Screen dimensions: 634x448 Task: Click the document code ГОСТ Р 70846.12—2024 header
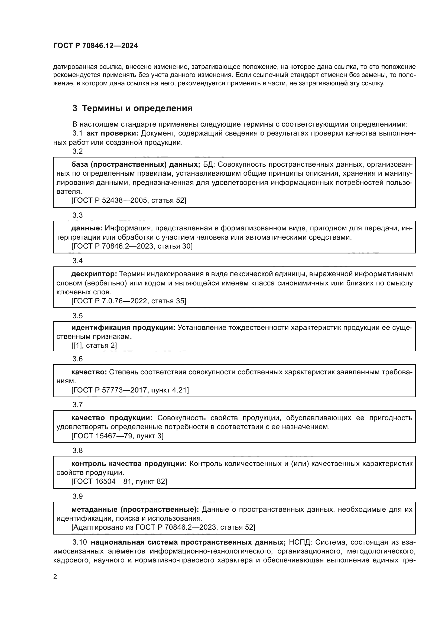click(x=95, y=46)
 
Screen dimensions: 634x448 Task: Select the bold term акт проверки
click(x=113, y=133)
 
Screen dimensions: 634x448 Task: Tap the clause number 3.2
click(x=77, y=151)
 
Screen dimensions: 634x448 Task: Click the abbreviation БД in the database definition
click(x=209, y=164)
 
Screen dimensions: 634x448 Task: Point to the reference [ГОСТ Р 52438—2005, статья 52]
click(x=129, y=201)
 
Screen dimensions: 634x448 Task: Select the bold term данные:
click(x=87, y=228)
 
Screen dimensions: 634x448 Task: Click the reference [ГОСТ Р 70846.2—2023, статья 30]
click(x=132, y=246)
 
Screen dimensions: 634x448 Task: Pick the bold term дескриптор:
click(x=94, y=274)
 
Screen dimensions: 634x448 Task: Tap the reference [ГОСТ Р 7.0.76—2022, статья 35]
click(x=129, y=301)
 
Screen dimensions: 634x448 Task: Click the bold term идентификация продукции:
click(x=123, y=327)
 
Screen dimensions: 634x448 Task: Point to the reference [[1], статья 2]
click(x=94, y=345)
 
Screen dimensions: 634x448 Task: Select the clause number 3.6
click(x=77, y=359)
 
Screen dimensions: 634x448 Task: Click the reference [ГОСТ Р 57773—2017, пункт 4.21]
click(x=130, y=390)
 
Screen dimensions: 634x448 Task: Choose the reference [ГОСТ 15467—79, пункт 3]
click(x=117, y=436)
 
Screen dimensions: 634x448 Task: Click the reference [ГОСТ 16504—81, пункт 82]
click(x=119, y=482)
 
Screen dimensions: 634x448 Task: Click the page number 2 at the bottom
click(x=55, y=577)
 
